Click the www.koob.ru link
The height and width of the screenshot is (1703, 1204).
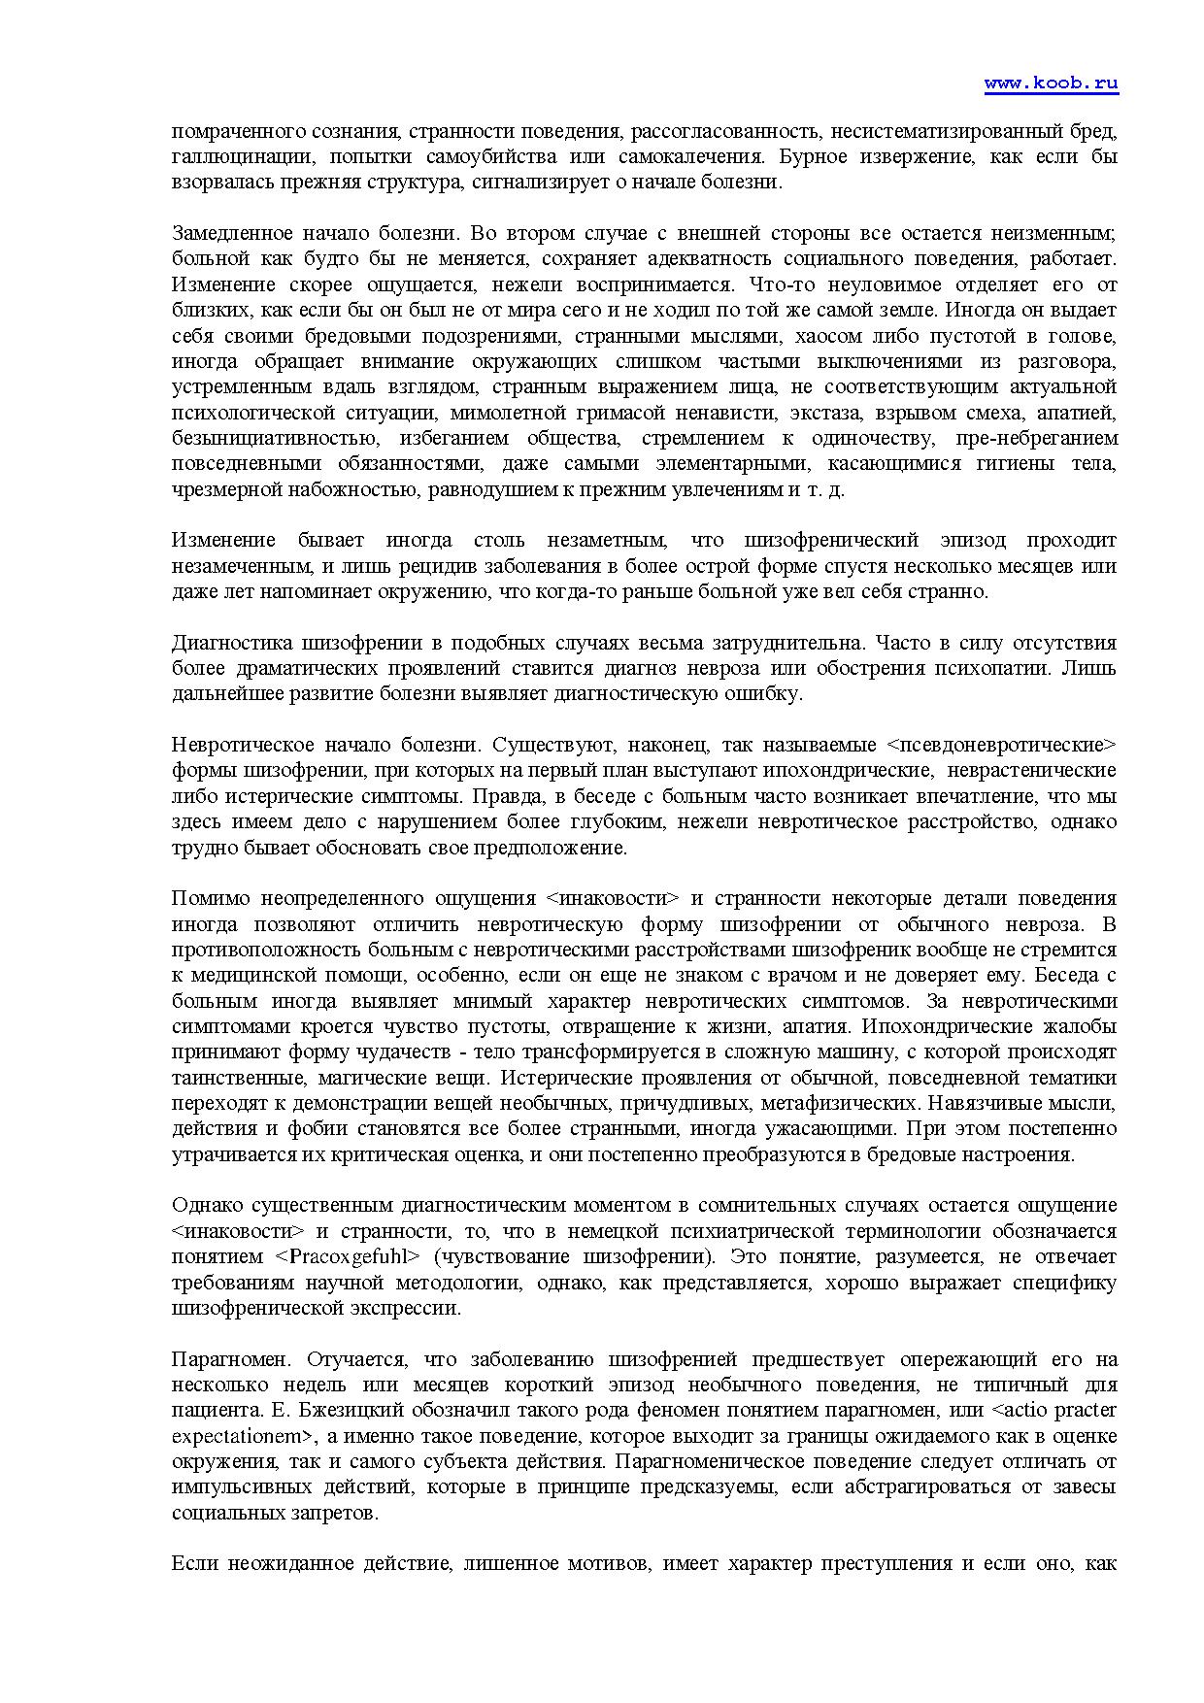click(1051, 83)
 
